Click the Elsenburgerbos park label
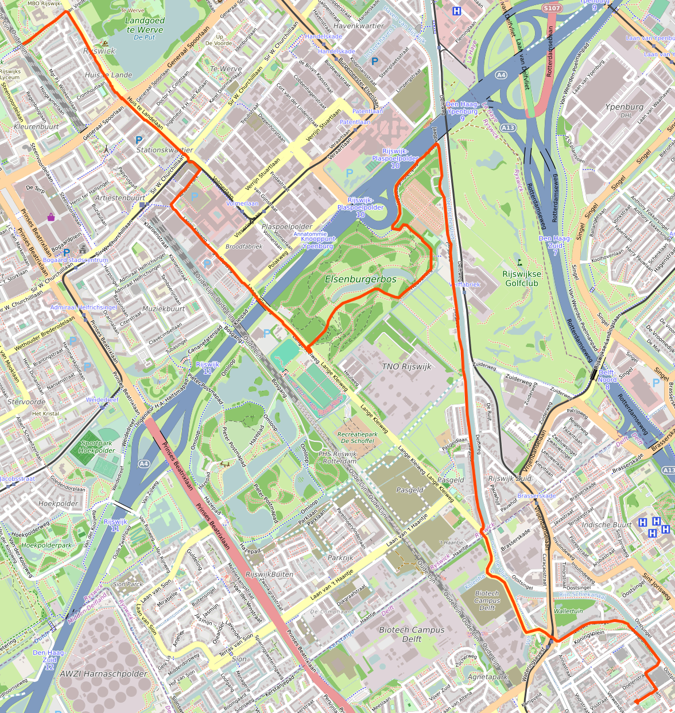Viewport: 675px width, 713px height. pyautogui.click(x=360, y=279)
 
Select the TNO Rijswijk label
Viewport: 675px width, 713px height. pyautogui.click(x=406, y=367)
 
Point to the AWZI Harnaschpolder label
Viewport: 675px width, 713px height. pyautogui.click(x=104, y=673)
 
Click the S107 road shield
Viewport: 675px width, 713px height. pyautogui.click(x=551, y=8)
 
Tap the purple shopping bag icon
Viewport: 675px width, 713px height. pyautogui.click(x=51, y=217)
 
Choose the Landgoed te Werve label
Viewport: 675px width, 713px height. pyautogui.click(x=145, y=25)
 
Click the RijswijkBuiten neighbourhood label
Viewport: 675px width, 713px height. pyautogui.click(x=269, y=574)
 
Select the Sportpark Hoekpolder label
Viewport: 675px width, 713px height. pyautogui.click(x=96, y=447)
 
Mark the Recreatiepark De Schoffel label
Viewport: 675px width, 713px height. pyautogui.click(x=357, y=438)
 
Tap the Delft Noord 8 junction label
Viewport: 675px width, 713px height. pyautogui.click(x=607, y=379)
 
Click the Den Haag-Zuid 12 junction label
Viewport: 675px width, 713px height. pyautogui.click(x=49, y=660)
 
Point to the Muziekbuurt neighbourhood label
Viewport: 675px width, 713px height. pyautogui.click(x=164, y=309)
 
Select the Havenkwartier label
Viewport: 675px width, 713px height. pyautogui.click(x=358, y=26)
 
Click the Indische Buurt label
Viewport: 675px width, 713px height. pyautogui.click(x=606, y=525)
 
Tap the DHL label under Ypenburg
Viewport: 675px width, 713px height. pyautogui.click(x=626, y=115)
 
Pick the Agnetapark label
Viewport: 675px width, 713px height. pyautogui.click(x=488, y=677)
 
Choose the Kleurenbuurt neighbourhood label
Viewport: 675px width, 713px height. pyautogui.click(x=36, y=126)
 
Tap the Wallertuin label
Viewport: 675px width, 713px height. pyautogui.click(x=568, y=611)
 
